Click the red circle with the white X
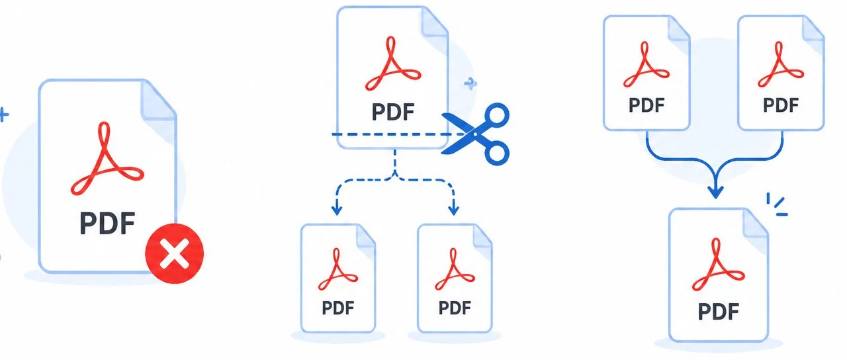(x=174, y=253)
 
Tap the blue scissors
(x=476, y=134)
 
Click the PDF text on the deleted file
(x=107, y=224)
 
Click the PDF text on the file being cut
(x=393, y=112)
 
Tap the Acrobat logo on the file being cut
(x=393, y=64)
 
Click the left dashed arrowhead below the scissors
(x=337, y=210)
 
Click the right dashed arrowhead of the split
(x=453, y=210)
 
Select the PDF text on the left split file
(x=338, y=308)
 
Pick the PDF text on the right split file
(x=455, y=308)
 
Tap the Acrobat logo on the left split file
(x=338, y=269)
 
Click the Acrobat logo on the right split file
(x=455, y=269)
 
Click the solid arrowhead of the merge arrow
(x=715, y=192)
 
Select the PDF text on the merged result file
(x=719, y=311)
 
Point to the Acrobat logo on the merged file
(x=719, y=264)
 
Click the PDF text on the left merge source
(x=646, y=105)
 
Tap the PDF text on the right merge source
(x=781, y=105)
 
